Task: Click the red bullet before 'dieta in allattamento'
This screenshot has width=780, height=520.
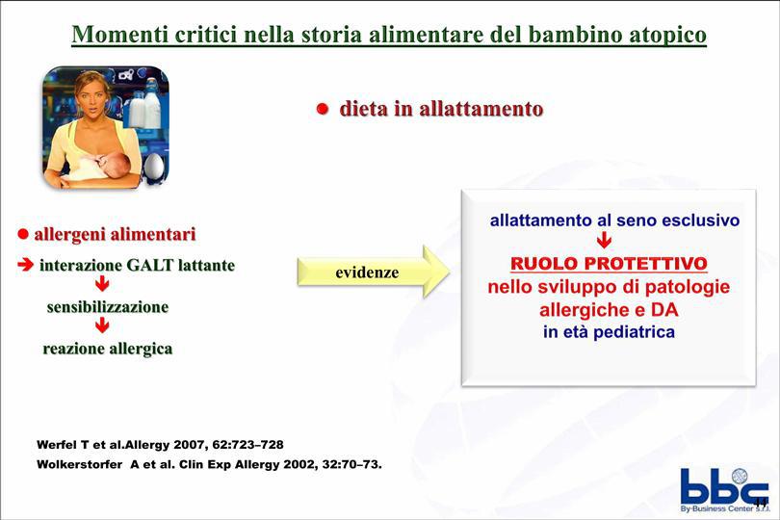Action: click(x=323, y=109)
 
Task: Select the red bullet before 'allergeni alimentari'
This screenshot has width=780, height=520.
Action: click(x=23, y=234)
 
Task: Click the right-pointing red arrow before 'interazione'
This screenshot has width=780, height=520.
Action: click(x=25, y=265)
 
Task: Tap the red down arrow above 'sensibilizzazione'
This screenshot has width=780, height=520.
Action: click(x=102, y=284)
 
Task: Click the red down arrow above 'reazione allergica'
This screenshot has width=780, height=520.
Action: click(x=102, y=325)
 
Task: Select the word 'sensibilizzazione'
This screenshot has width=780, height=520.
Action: click(x=108, y=307)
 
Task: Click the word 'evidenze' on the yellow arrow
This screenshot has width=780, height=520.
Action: click(x=367, y=273)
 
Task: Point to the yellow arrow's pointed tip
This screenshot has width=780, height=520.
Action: click(x=449, y=272)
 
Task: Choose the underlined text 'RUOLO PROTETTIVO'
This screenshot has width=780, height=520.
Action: click(x=609, y=263)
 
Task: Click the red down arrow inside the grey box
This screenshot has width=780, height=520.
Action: click(x=604, y=241)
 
